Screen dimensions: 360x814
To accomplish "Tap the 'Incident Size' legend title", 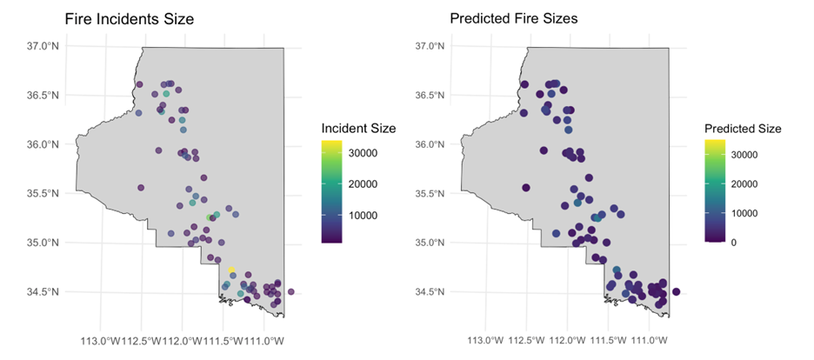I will coord(358,128).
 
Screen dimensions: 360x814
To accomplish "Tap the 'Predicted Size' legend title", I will coord(742,128).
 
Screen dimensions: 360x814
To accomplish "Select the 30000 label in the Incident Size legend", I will coord(364,153).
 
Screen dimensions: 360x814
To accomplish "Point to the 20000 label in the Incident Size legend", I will coord(364,183).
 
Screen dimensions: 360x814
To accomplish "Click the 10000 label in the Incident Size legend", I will coord(364,214).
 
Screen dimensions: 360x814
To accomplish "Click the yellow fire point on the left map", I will coord(231,270).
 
